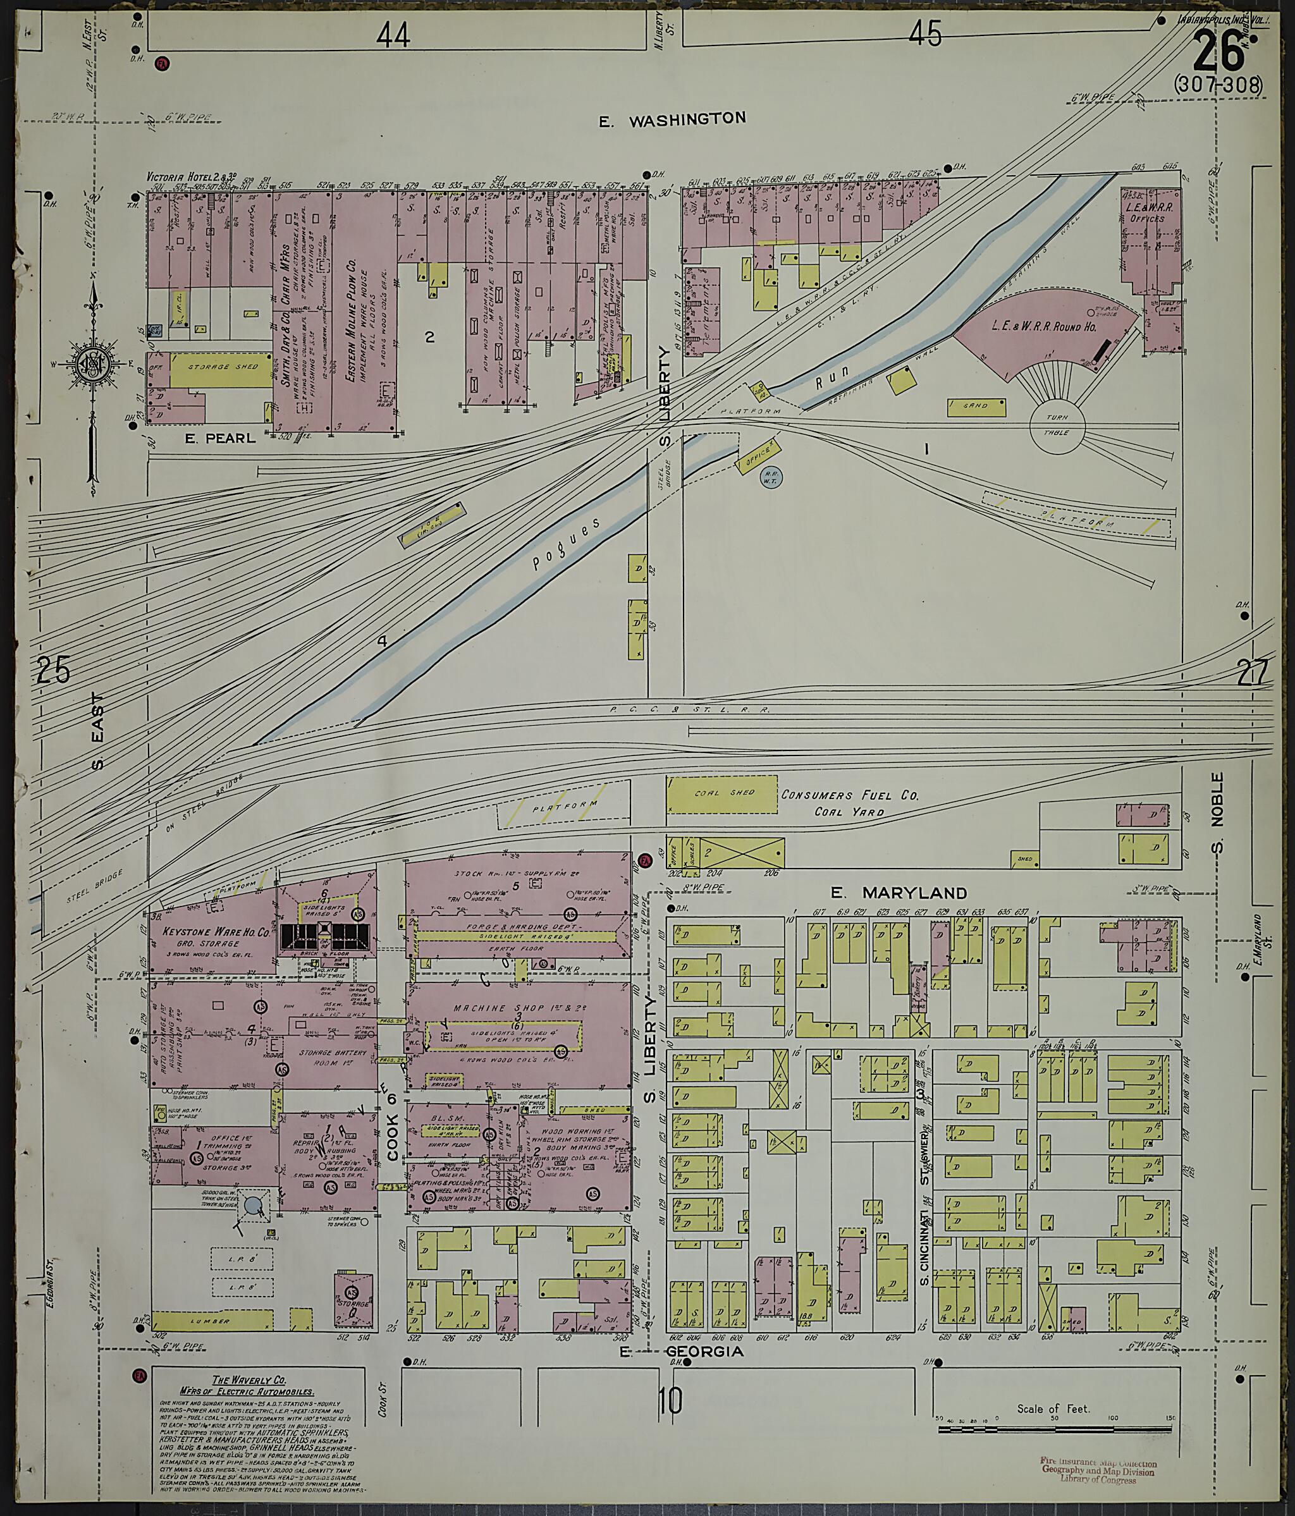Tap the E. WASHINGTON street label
pyautogui.click(x=672, y=119)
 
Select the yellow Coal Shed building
pyautogui.click(x=721, y=794)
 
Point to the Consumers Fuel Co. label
pyautogui.click(x=849, y=795)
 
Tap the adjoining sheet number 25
pyautogui.click(x=53, y=669)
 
